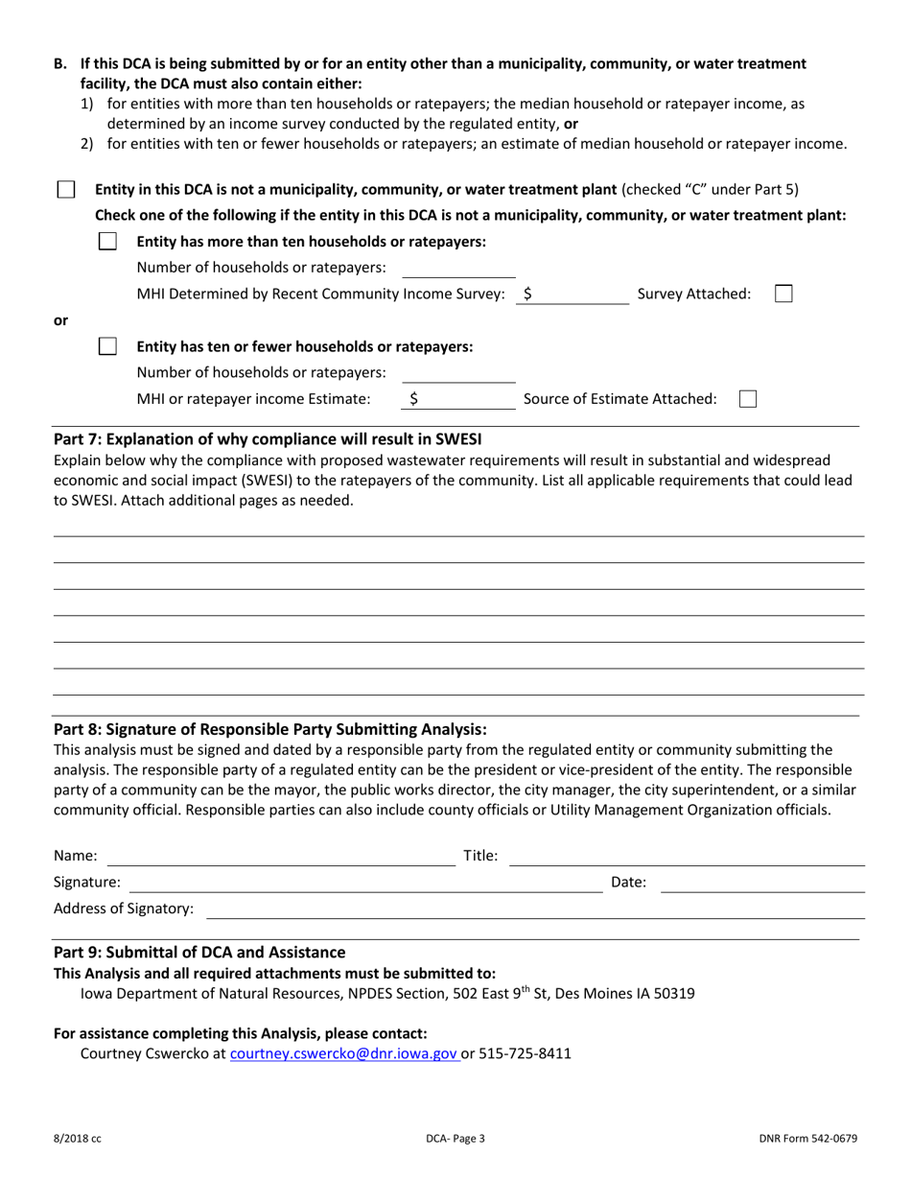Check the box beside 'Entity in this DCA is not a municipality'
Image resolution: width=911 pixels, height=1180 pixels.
[x=66, y=189]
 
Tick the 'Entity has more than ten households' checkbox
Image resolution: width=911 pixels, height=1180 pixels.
[x=108, y=242]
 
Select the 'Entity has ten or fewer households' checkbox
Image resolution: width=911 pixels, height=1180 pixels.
[x=108, y=346]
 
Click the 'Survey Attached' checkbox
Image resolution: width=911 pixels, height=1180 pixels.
[x=783, y=294]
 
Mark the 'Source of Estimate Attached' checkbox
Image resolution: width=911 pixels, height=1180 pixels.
[x=749, y=398]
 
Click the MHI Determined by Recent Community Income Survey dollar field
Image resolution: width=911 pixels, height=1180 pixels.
[x=575, y=295]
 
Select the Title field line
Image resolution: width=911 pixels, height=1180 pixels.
[x=686, y=856]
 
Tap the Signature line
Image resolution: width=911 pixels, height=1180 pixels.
[x=364, y=883]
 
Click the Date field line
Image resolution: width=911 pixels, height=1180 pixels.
[x=763, y=883]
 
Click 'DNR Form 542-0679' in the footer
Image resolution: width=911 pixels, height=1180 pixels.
[x=807, y=1139]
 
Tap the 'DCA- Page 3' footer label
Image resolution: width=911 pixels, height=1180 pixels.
[x=455, y=1139]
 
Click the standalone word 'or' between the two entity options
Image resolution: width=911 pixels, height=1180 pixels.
[x=60, y=319]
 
